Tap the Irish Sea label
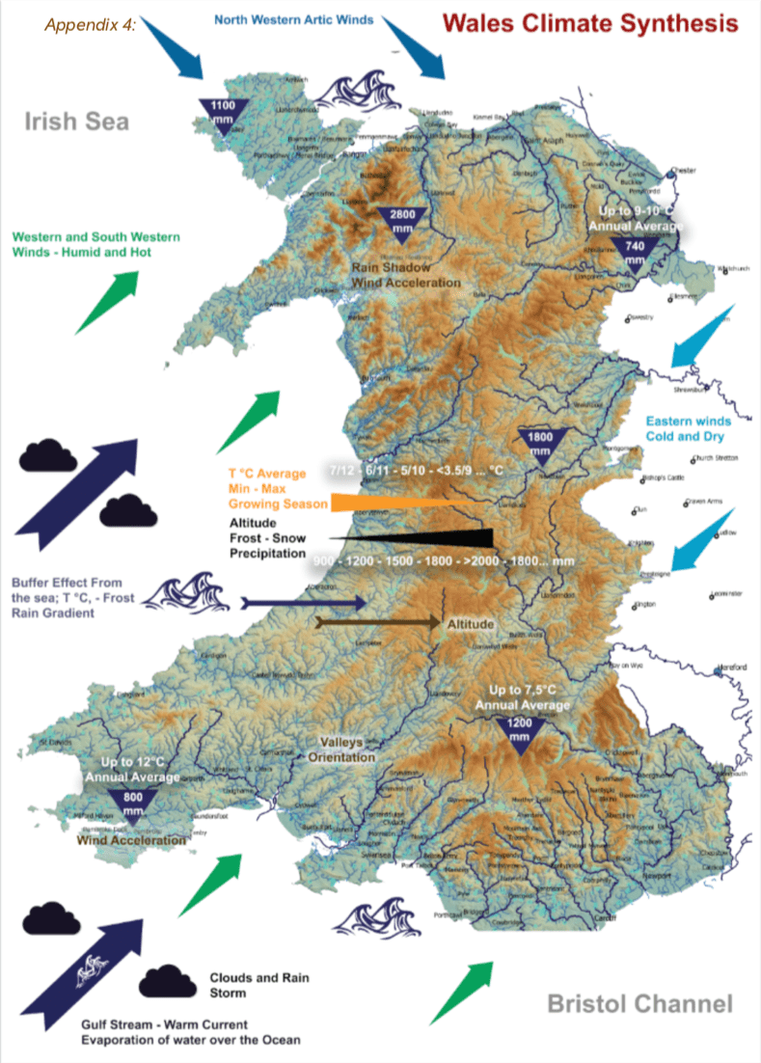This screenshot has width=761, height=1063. click(x=77, y=122)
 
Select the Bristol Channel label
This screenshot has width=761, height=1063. click(x=639, y=1004)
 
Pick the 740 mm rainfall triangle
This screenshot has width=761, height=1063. click(x=634, y=252)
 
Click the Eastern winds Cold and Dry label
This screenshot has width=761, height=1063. click(x=689, y=429)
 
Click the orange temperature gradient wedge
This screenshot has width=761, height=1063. click(x=405, y=502)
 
